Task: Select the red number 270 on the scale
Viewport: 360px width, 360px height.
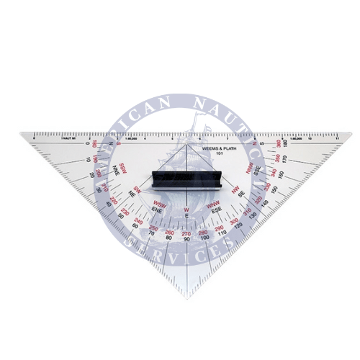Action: click(x=186, y=232)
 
